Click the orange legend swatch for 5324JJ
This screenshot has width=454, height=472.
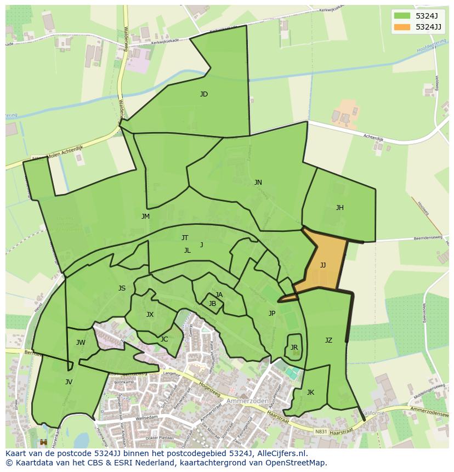coord(402,27)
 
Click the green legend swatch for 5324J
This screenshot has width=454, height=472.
coord(402,15)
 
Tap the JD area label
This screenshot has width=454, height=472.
coord(204,94)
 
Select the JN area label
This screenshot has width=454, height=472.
coord(258,183)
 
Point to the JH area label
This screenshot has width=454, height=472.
coord(340,208)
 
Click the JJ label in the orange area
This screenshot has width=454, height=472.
coord(323,265)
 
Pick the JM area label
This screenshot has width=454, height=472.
coord(145,217)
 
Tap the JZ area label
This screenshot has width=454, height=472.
coord(328,340)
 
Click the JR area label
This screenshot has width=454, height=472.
coord(294,348)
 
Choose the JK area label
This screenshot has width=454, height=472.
coord(310,393)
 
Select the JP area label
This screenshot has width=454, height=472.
coord(272,314)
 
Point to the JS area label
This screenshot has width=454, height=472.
coord(122,288)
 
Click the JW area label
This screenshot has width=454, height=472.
coord(81,343)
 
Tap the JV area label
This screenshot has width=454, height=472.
coord(69,382)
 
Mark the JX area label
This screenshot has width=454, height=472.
coord(150,315)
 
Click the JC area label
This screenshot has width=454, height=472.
coord(164,339)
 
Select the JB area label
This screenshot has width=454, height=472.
coord(212,304)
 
